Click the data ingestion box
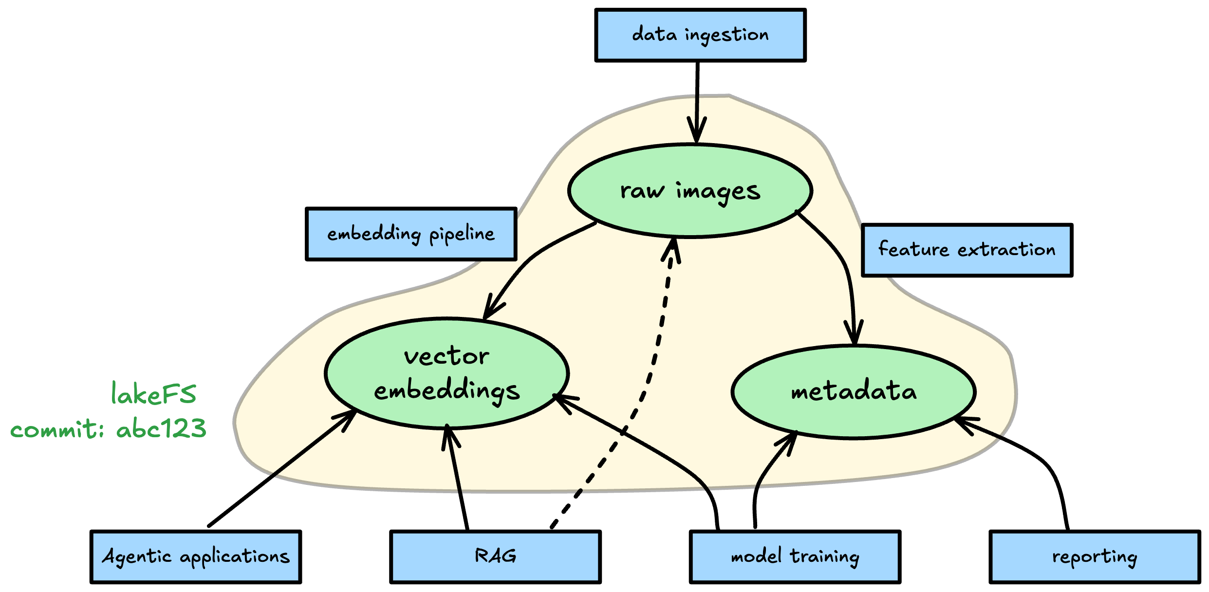click(700, 35)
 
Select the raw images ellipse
click(689, 191)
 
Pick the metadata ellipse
click(853, 392)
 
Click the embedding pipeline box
click(410, 234)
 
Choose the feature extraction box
click(967, 250)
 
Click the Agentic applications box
click(196, 556)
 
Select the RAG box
click(495, 556)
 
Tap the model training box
click(795, 556)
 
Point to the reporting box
click(1094, 556)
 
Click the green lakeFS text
click(153, 394)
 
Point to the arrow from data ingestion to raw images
click(697, 97)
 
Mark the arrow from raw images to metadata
click(845, 263)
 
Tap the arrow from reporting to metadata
click(1037, 458)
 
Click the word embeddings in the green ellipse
click(446, 391)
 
